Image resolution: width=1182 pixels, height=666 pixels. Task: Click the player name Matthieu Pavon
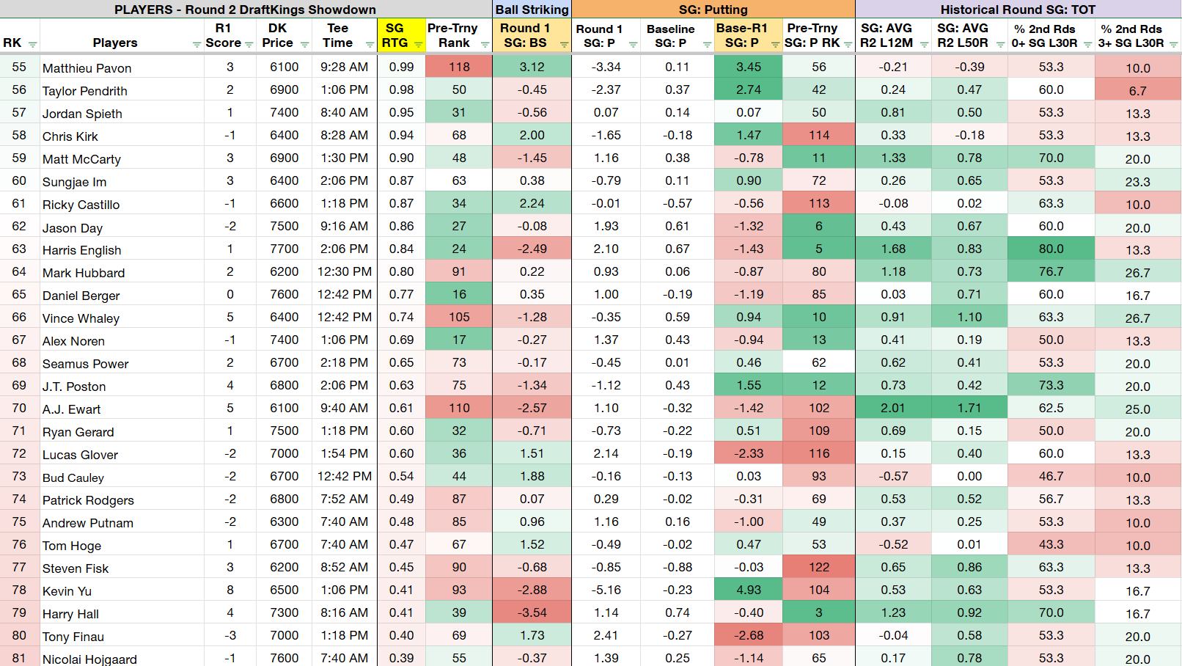coord(87,68)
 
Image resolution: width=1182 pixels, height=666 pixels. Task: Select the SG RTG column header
coord(394,35)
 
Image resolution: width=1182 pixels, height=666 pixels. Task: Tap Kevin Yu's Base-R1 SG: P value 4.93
coord(748,590)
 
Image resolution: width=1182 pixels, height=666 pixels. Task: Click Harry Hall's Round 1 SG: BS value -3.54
coord(532,612)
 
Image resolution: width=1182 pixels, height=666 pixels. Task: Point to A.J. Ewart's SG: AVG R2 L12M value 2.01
coord(893,408)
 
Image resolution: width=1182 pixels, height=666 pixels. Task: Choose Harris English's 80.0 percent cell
coord(1051,249)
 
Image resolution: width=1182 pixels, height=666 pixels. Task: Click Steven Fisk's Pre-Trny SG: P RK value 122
coord(818,567)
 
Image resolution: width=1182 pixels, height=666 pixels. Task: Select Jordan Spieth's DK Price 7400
coord(284,112)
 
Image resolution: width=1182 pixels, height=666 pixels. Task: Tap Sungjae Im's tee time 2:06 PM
coord(344,180)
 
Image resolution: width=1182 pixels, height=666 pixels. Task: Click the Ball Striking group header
coord(532,10)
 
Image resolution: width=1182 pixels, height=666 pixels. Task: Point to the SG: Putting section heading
coord(713,10)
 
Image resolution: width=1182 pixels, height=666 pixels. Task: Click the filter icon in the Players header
coord(197,45)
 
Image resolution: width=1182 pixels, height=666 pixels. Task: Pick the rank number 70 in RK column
coord(19,408)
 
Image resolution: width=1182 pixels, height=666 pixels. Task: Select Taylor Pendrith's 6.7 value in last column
coord(1137,91)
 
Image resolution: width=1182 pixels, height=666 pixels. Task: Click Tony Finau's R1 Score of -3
coord(230,635)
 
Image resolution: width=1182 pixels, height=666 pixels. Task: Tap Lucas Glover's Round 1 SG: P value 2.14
coord(606,453)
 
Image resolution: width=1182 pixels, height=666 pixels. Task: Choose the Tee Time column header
coord(338,35)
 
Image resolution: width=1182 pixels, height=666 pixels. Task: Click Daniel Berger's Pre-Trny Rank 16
coord(459,294)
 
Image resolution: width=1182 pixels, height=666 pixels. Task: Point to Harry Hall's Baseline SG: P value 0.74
coord(677,612)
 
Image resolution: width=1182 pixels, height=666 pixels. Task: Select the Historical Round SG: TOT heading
coord(1018,10)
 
